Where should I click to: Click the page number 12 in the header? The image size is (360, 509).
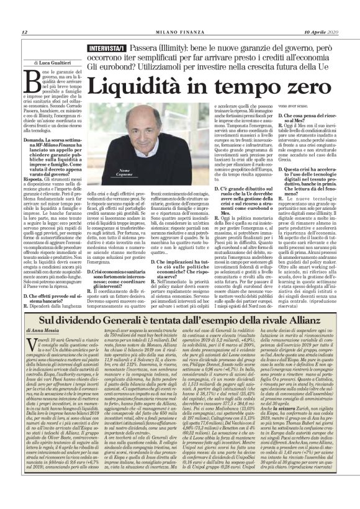[24, 33]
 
